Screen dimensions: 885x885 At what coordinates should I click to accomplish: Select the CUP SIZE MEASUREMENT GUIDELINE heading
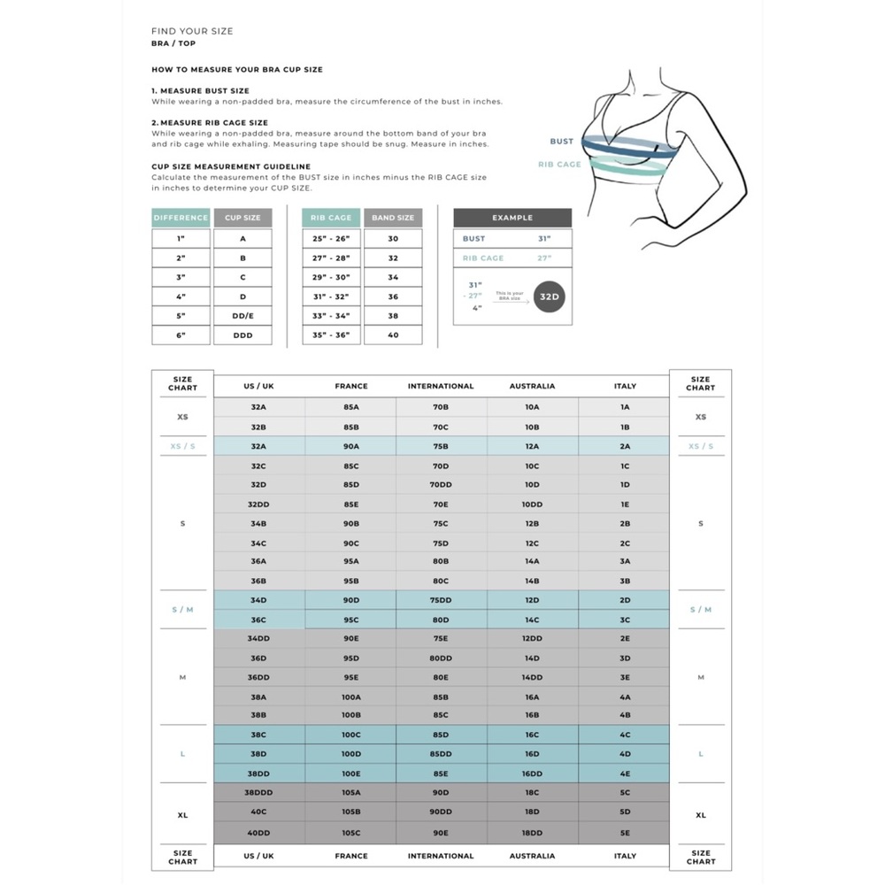pyautogui.click(x=230, y=165)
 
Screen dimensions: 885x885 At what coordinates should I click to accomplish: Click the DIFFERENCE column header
pyautogui.click(x=181, y=218)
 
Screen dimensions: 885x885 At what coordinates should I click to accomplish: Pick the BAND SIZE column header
pyautogui.click(x=393, y=218)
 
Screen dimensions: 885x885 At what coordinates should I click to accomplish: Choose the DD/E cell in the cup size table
pyautogui.click(x=242, y=316)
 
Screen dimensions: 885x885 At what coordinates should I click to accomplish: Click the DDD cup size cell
pyautogui.click(x=242, y=335)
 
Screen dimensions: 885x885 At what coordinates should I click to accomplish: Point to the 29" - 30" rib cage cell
pyautogui.click(x=331, y=277)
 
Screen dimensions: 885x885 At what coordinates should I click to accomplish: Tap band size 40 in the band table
pyautogui.click(x=393, y=335)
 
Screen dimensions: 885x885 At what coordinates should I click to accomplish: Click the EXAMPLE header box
pyautogui.click(x=512, y=218)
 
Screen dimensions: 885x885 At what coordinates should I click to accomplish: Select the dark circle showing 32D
pyautogui.click(x=550, y=296)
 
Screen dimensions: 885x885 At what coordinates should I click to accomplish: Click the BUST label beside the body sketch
pyautogui.click(x=561, y=142)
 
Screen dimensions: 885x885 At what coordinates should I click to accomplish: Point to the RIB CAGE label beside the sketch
pyautogui.click(x=559, y=165)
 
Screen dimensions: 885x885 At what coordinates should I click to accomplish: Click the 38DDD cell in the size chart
pyautogui.click(x=258, y=793)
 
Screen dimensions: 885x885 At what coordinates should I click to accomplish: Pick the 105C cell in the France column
pyautogui.click(x=351, y=832)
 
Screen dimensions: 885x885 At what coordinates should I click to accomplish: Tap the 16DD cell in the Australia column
pyautogui.click(x=532, y=773)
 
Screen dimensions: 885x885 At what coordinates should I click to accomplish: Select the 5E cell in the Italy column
pyautogui.click(x=625, y=832)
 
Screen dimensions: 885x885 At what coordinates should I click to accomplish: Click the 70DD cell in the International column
pyautogui.click(x=441, y=485)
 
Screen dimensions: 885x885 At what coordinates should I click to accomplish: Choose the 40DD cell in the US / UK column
pyautogui.click(x=258, y=832)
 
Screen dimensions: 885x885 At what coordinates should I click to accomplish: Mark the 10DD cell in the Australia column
pyautogui.click(x=532, y=504)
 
